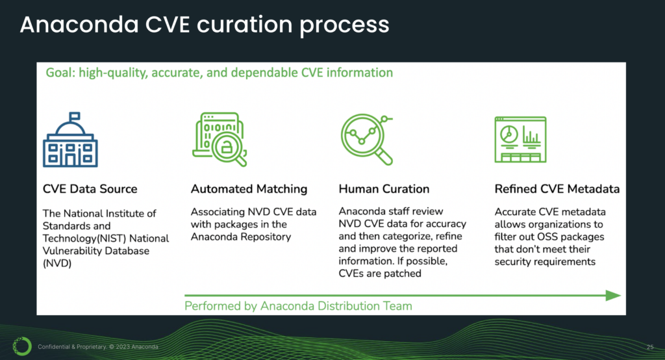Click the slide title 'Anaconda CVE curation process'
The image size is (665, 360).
[205, 25]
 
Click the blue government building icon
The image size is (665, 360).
[70, 140]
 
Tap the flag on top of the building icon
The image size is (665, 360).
[74, 116]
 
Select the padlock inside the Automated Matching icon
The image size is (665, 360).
[227, 148]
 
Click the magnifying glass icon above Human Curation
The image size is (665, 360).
[368, 139]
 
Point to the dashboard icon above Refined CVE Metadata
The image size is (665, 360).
[520, 140]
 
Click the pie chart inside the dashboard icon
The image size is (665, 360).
[509, 135]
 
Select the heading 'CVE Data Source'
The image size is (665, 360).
[90, 189]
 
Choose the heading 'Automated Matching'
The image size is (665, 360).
[249, 189]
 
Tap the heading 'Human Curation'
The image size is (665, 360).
[384, 189]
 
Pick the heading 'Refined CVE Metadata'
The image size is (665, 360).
[557, 189]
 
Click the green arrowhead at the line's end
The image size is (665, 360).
[613, 296]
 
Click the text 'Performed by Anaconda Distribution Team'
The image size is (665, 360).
[298, 306]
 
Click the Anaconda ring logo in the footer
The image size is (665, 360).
[22, 346]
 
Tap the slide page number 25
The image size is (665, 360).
[650, 347]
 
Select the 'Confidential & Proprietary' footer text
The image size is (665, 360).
[72, 347]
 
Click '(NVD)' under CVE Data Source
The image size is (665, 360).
[57, 263]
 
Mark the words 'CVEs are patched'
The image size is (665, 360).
[379, 274]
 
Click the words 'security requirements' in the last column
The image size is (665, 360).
[545, 262]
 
